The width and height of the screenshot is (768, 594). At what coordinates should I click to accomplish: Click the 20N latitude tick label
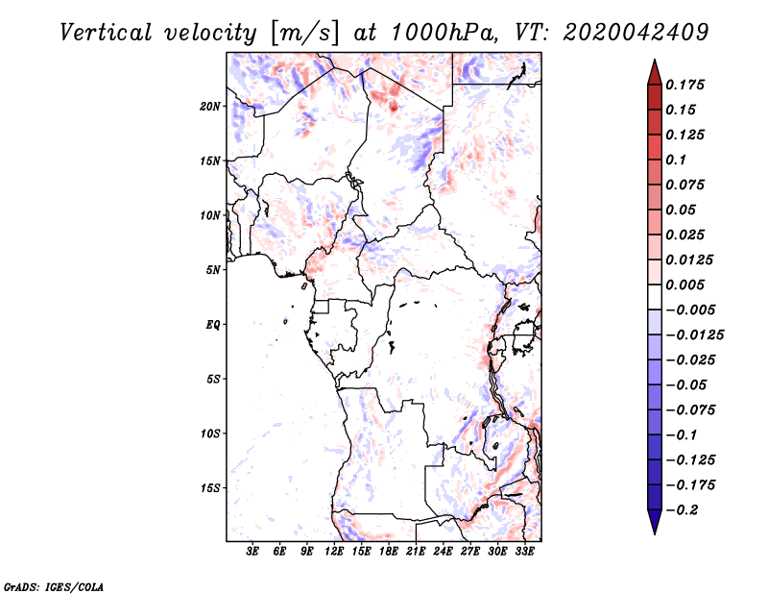(210, 107)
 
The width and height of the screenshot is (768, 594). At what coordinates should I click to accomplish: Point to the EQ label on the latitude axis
(212, 325)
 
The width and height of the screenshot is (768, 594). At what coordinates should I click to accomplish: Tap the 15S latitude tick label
(210, 488)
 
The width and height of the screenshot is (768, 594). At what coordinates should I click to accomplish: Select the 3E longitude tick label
(252, 552)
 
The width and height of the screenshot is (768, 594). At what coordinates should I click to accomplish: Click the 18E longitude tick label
(389, 552)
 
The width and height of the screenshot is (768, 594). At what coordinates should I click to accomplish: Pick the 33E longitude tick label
(524, 552)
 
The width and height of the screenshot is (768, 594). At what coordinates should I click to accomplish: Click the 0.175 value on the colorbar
(684, 85)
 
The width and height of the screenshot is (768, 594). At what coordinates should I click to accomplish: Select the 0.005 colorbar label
(684, 285)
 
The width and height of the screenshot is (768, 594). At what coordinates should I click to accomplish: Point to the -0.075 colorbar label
(690, 410)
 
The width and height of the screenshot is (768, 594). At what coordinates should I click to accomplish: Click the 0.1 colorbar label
(676, 160)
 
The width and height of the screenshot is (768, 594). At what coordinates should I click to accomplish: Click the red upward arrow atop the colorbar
(655, 72)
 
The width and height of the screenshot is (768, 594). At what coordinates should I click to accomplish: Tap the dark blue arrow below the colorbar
(655, 522)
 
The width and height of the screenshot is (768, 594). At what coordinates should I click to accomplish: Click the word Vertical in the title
(106, 33)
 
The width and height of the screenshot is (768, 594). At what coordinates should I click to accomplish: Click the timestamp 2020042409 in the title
(636, 33)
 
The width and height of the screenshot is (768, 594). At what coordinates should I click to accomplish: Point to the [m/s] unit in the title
(303, 34)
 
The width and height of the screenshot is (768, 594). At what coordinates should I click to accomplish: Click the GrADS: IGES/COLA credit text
(54, 587)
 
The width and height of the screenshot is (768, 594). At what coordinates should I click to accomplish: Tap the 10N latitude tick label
(210, 215)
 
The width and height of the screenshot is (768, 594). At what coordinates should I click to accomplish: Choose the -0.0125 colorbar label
(694, 335)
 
